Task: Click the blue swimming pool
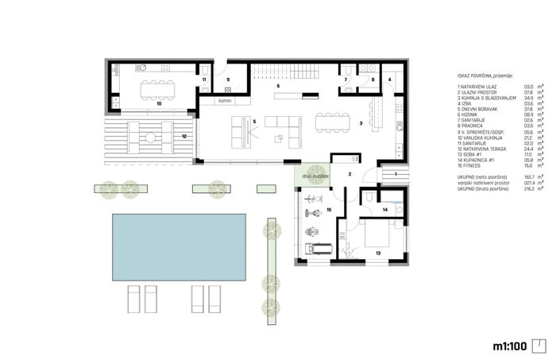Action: (180, 244)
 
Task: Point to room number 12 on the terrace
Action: (183, 137)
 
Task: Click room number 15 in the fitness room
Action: (329, 211)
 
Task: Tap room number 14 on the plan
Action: (384, 209)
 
